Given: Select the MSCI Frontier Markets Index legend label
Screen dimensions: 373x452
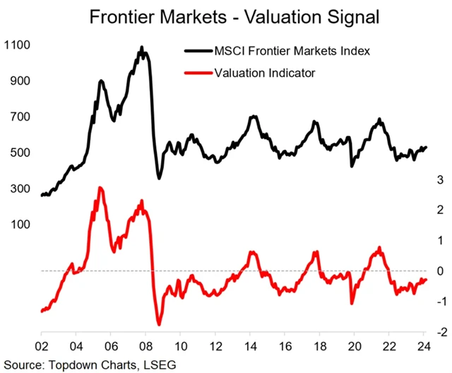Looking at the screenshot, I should click(x=281, y=51).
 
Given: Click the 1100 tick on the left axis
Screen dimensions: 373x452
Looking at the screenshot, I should click(x=18, y=45).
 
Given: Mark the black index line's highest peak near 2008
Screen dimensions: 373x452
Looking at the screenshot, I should click(x=142, y=48).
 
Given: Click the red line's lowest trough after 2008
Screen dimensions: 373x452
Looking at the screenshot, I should click(x=159, y=324).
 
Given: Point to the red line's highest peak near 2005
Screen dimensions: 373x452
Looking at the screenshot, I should click(x=100, y=188).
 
